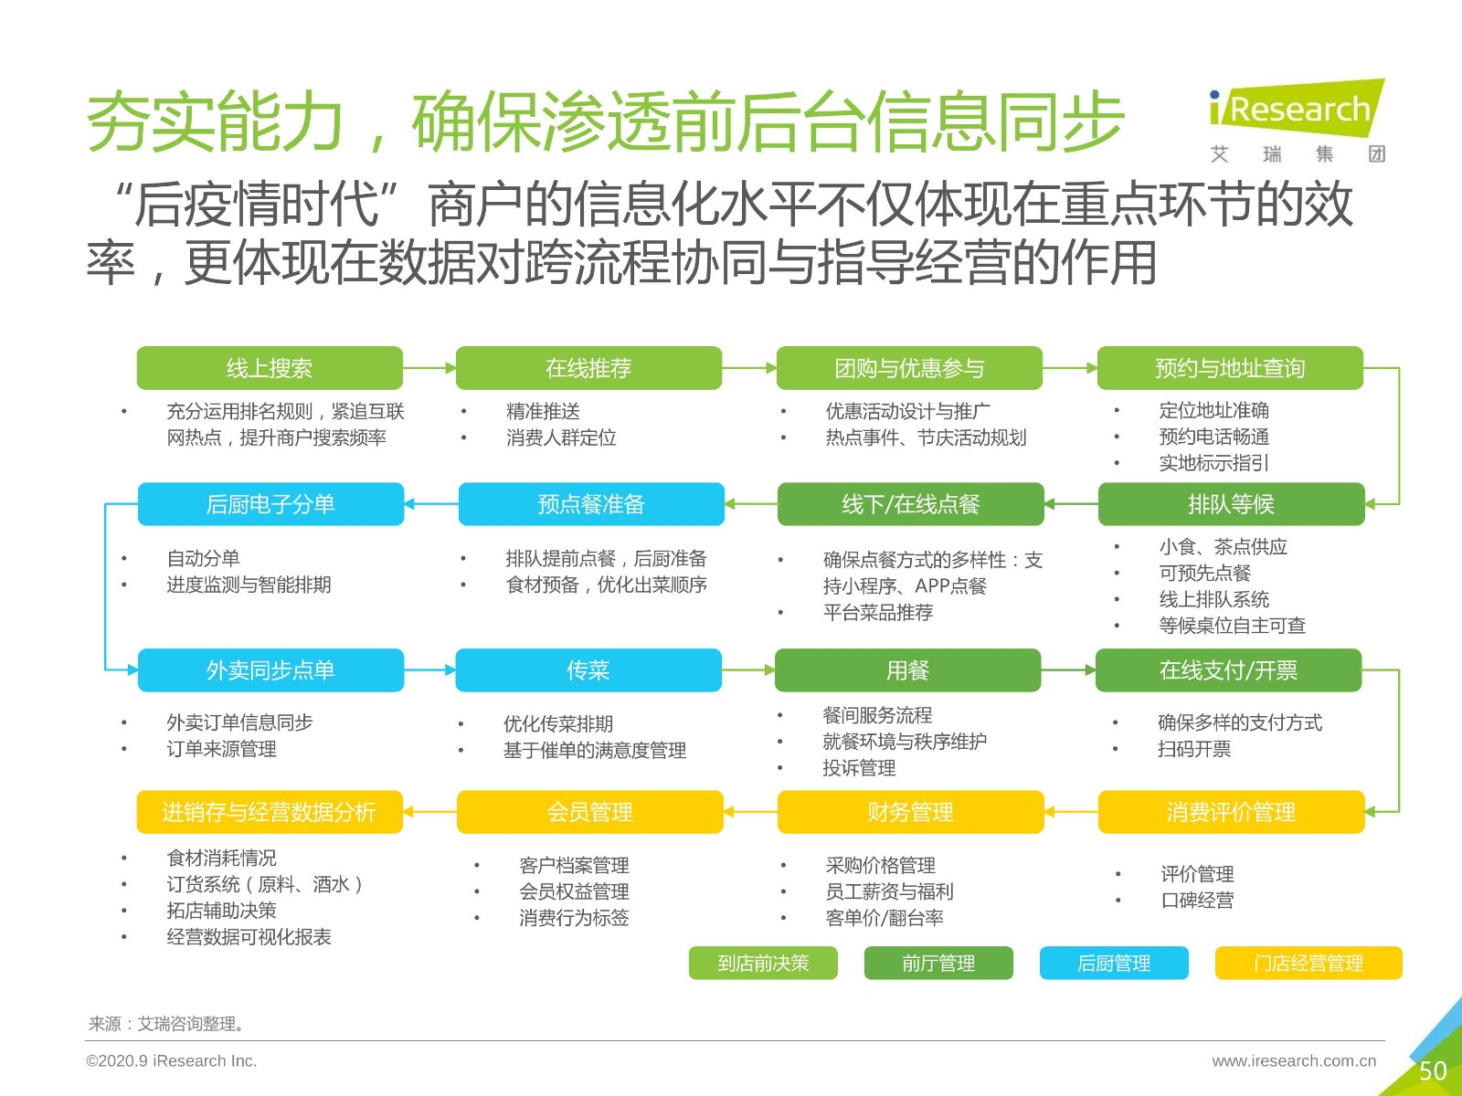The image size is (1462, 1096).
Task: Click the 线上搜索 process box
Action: coord(270,368)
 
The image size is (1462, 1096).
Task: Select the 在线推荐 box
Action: coord(588,368)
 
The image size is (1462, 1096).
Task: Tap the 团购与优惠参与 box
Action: coord(909,368)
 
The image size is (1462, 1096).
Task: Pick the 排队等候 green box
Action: coord(1231,504)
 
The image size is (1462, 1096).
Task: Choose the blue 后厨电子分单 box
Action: coord(270,504)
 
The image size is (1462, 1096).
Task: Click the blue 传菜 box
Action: coord(588,670)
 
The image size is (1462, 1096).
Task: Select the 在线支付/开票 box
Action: coord(1229,670)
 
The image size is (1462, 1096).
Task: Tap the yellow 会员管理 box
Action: coord(590,812)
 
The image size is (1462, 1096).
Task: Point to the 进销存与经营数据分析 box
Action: coord(270,812)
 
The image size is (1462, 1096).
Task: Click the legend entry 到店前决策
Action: coord(763,963)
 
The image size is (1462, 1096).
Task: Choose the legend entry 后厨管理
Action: coord(1114,963)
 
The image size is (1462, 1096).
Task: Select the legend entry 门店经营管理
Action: coord(1308,963)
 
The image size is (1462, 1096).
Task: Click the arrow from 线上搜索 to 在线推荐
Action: coord(429,368)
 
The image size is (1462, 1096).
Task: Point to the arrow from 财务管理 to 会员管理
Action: coord(751,812)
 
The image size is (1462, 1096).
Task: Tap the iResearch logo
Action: coord(1297,120)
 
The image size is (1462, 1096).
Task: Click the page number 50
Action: coord(1433,1070)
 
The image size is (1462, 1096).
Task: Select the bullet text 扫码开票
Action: coord(1194,749)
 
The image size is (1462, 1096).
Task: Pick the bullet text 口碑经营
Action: coord(1197,901)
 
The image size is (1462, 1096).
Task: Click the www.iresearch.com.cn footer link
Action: coord(1294,1060)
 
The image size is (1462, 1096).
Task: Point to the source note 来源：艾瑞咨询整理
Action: coord(166,1024)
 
